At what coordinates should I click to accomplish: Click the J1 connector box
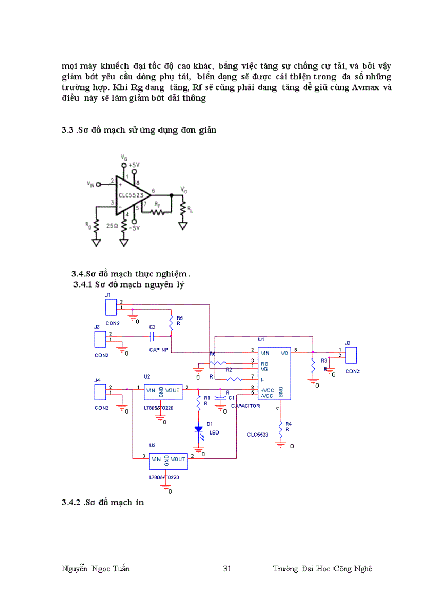(x=111, y=307)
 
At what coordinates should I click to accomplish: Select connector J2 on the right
(x=351, y=355)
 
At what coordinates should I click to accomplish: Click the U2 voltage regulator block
(x=163, y=391)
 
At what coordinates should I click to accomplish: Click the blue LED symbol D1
(x=198, y=429)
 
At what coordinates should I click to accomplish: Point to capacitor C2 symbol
(x=152, y=336)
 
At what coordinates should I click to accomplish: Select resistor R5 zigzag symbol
(x=171, y=323)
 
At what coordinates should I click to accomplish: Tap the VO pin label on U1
(x=285, y=353)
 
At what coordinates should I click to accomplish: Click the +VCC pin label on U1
(x=267, y=390)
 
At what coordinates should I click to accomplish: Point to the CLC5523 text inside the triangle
(x=130, y=195)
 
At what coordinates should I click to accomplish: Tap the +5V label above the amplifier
(x=134, y=165)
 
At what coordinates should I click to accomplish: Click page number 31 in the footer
(x=227, y=569)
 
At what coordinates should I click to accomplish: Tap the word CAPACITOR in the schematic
(x=245, y=406)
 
